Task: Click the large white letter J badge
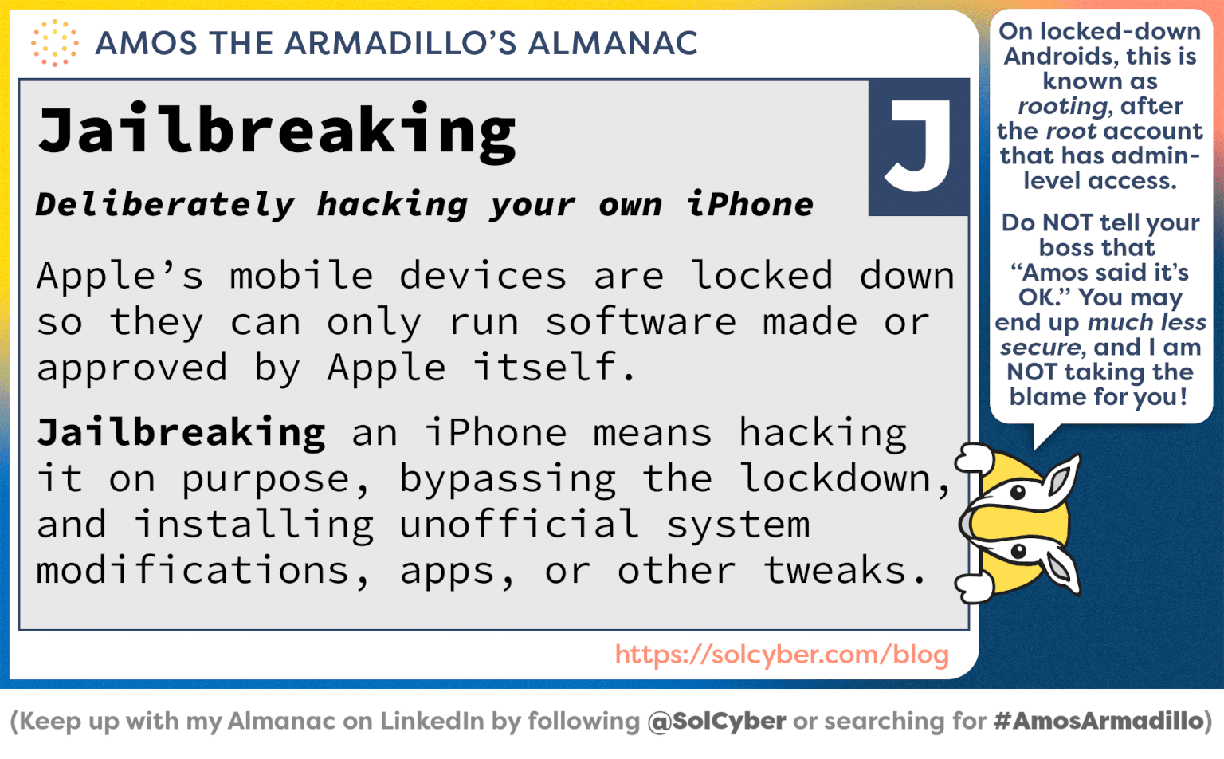point(918,147)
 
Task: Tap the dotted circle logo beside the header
point(54,43)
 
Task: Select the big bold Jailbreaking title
point(277,131)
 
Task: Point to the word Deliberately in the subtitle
point(165,205)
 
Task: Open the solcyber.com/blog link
point(782,655)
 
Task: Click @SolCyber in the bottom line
point(716,721)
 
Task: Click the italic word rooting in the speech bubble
point(1062,106)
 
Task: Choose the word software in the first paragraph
point(641,322)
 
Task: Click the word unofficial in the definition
point(519,525)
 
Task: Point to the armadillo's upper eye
point(1018,492)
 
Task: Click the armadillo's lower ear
point(1061,568)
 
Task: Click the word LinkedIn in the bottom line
point(432,721)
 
